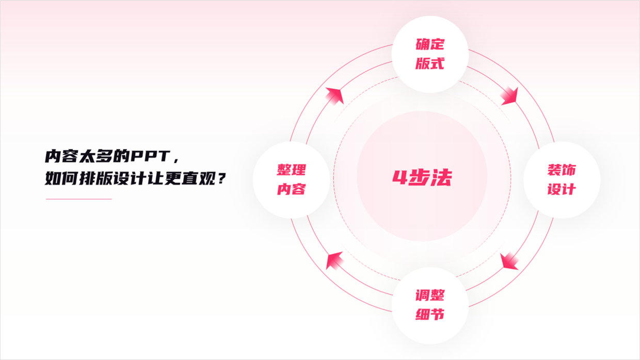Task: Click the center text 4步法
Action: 422,177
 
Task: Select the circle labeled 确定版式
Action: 430,54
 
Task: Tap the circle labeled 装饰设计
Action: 562,180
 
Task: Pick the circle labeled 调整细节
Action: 430,305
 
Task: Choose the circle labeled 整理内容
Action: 291,180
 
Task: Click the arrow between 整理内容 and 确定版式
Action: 335,96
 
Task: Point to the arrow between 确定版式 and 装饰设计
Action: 509,96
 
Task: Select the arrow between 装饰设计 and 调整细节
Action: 509,261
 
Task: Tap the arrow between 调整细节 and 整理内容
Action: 335,260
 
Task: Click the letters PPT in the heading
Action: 151,156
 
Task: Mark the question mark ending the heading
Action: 221,179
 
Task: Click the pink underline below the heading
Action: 79,199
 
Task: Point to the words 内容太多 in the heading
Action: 78,156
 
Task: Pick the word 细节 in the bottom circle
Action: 430,314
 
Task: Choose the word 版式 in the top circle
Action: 430,63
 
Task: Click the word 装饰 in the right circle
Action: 562,170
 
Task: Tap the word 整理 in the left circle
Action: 292,170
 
